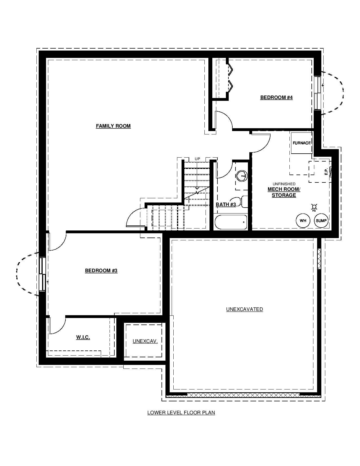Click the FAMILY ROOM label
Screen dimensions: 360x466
[x=113, y=126]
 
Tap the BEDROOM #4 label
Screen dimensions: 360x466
[x=276, y=97]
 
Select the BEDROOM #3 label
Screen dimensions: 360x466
[x=101, y=271]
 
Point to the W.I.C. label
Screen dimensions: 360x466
[x=83, y=337]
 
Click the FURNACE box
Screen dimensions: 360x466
[x=302, y=143]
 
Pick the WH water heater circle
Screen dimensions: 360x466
[x=303, y=221]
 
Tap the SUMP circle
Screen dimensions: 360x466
[x=321, y=221]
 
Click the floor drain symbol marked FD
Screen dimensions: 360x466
[x=314, y=207]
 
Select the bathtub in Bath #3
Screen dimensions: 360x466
[x=230, y=222]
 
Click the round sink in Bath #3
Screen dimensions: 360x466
[x=242, y=176]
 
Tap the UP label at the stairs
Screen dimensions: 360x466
[x=197, y=159]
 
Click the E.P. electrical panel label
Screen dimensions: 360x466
[x=326, y=171]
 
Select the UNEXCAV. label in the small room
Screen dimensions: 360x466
[x=145, y=341]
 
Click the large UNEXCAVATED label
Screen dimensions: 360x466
[x=245, y=309]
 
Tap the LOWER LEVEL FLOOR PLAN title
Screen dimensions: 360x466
[x=181, y=413]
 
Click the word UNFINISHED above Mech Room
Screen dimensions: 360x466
[x=284, y=184]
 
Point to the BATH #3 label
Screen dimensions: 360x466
[x=226, y=204]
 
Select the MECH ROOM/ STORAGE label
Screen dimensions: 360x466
[x=284, y=192]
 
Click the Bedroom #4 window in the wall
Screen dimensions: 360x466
[x=318, y=93]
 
